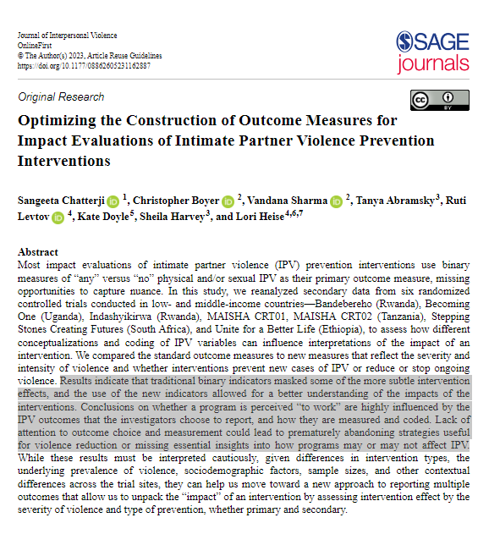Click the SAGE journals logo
[x=432, y=52]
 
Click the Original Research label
[x=61, y=97]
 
